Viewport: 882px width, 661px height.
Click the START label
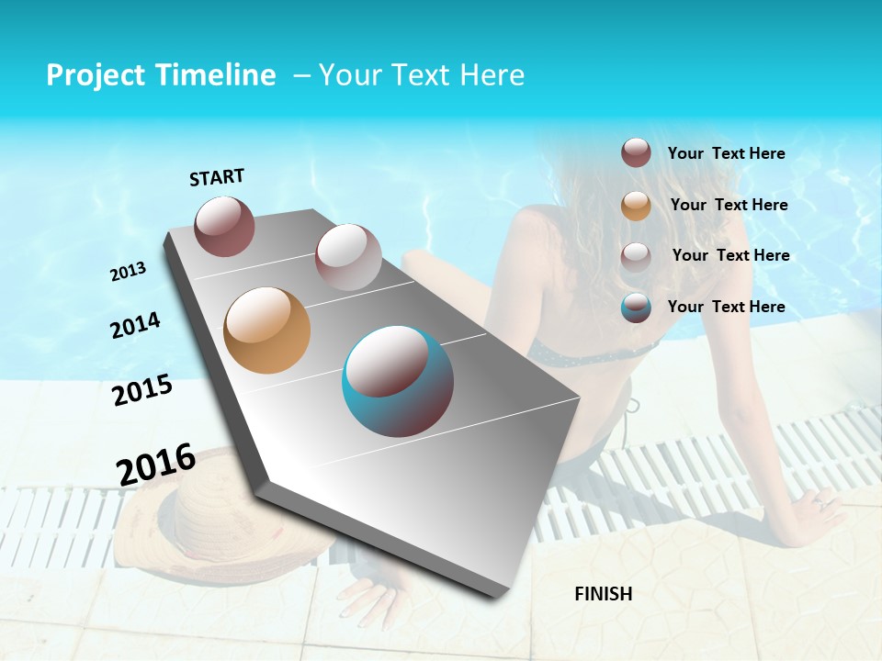pyautogui.click(x=217, y=177)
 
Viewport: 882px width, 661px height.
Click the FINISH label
pyautogui.click(x=603, y=594)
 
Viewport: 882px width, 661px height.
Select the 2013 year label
pyautogui.click(x=128, y=272)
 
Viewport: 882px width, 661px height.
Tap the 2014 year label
pyautogui.click(x=135, y=326)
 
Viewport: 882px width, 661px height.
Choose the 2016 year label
pyautogui.click(x=156, y=464)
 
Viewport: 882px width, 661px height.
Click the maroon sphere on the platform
pyautogui.click(x=224, y=227)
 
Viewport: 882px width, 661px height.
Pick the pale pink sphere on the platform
pyautogui.click(x=348, y=256)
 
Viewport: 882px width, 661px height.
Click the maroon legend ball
pyautogui.click(x=636, y=152)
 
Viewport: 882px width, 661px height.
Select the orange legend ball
pyautogui.click(x=636, y=206)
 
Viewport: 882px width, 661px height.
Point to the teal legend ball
pyautogui.click(x=636, y=308)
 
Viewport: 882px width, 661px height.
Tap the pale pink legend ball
pyautogui.click(x=636, y=256)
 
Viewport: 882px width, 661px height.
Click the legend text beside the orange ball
pyautogui.click(x=729, y=205)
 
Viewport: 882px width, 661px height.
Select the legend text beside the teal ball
pyautogui.click(x=726, y=307)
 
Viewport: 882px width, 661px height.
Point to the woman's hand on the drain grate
pyautogui.click(x=818, y=505)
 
